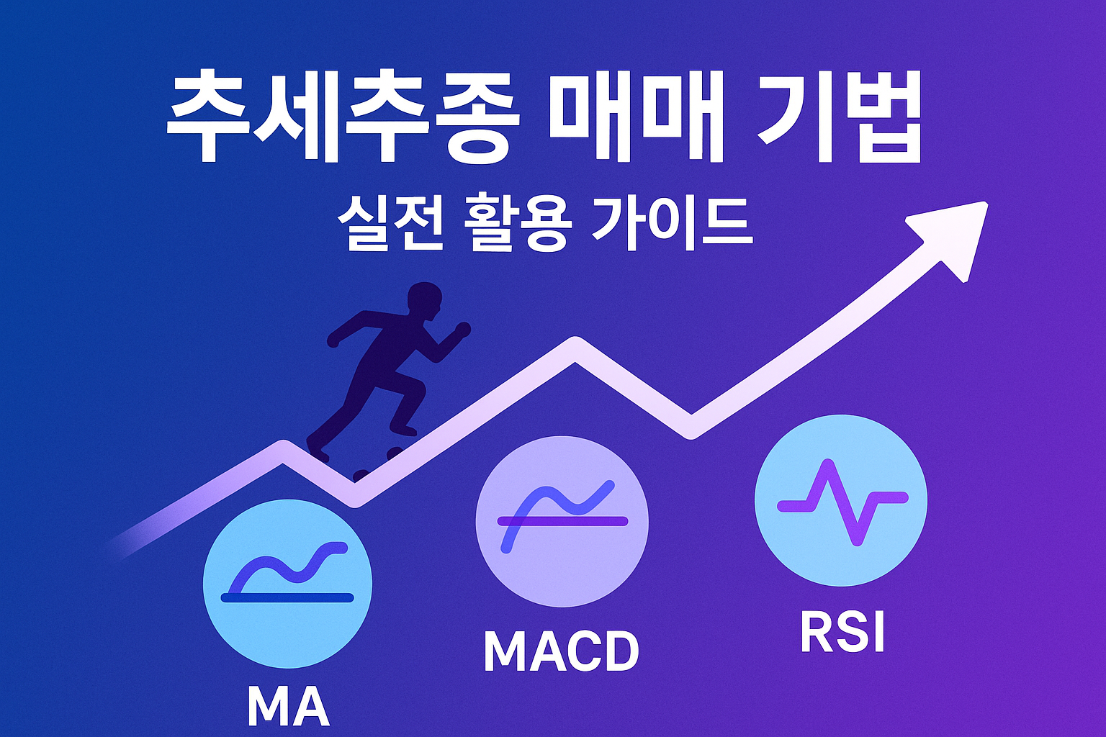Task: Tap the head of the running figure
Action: [424, 302]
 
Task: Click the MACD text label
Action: [561, 651]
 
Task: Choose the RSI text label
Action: [842, 633]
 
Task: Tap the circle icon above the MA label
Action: [287, 583]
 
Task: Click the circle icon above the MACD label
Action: [562, 522]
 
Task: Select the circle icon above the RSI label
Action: [840, 500]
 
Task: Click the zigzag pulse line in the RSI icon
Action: [842, 502]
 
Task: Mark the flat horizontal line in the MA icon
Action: [287, 597]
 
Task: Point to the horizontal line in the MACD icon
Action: [563, 521]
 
